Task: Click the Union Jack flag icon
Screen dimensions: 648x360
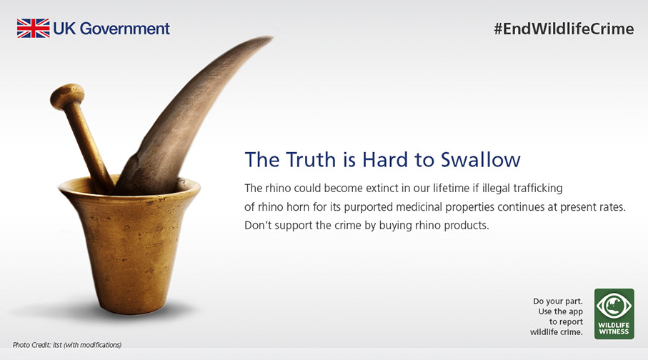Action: [33, 28]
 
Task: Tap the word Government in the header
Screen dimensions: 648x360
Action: [124, 29]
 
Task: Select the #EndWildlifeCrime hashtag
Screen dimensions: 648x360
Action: [564, 29]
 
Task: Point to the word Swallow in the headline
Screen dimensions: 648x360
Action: [480, 159]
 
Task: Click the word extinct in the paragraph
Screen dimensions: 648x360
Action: [382, 188]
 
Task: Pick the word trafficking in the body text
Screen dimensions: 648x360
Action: [538, 189]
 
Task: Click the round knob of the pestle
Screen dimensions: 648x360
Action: [67, 96]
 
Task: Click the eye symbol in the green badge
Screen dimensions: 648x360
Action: [614, 306]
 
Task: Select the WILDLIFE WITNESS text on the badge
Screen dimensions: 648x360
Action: [614, 328]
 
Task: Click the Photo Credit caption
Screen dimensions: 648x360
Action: [67, 345]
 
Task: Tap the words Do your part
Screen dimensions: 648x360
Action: [558, 301]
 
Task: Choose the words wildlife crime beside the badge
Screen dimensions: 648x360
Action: [557, 332]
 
